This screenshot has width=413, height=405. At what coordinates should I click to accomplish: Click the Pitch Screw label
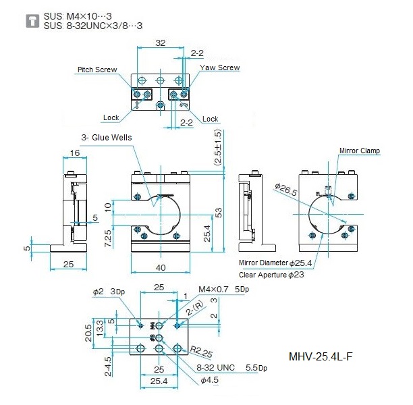pyautogui.click(x=97, y=70)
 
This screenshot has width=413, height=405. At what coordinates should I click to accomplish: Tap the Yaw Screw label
pyautogui.click(x=220, y=67)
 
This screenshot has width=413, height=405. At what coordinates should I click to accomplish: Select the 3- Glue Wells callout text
pyautogui.click(x=107, y=137)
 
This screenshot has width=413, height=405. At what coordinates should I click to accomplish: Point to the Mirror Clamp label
pyautogui.click(x=360, y=151)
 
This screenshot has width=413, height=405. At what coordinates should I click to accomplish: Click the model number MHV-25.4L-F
pyautogui.click(x=321, y=357)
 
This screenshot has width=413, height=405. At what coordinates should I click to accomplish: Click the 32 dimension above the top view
pyautogui.click(x=161, y=43)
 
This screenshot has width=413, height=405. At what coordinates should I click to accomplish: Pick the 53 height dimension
pyautogui.click(x=219, y=213)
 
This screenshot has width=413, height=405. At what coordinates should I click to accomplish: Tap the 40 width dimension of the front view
pyautogui.click(x=161, y=268)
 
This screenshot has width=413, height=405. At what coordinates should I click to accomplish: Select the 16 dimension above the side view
pyautogui.click(x=74, y=153)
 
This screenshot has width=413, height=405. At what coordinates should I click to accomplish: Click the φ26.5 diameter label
pyautogui.click(x=285, y=190)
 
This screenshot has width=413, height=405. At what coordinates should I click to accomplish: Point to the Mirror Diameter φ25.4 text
pyautogui.click(x=275, y=263)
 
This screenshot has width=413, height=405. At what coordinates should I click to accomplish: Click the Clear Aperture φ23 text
pyautogui.click(x=271, y=275)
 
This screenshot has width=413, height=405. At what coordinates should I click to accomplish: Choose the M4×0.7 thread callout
pyautogui.click(x=213, y=290)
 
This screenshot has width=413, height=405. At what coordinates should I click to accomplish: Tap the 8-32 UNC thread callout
pyautogui.click(x=215, y=367)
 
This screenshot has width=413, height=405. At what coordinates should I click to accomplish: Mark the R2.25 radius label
pyautogui.click(x=201, y=352)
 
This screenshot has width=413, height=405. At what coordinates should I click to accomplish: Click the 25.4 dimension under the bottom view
pyautogui.click(x=159, y=381)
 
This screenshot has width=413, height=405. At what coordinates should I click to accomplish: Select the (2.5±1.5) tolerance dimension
pyautogui.click(x=218, y=147)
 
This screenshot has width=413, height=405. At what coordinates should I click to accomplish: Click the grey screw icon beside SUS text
pyautogui.click(x=32, y=21)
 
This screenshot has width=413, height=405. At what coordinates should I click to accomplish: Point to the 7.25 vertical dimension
pyautogui.click(x=108, y=238)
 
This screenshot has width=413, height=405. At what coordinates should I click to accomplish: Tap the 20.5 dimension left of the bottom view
pyautogui.click(x=88, y=333)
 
